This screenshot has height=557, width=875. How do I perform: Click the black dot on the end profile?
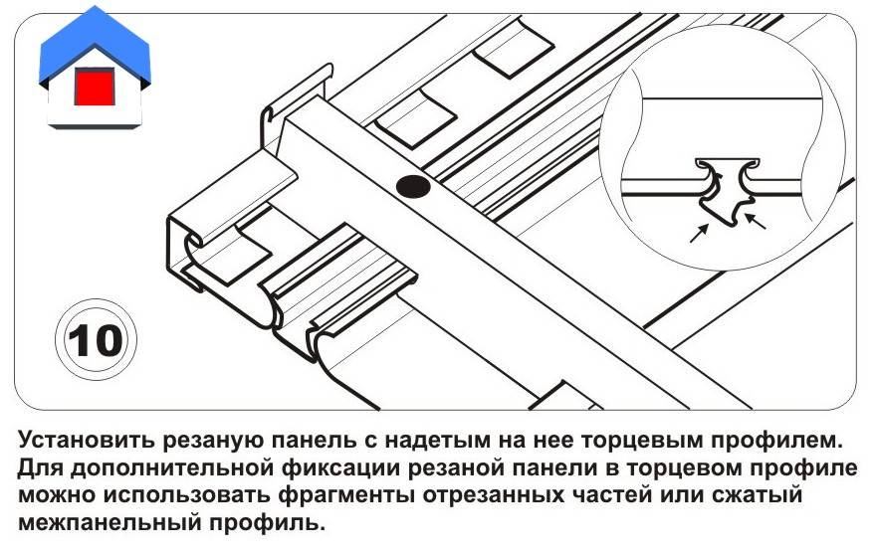point(410,185)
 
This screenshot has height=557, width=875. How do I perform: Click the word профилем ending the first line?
point(784,440)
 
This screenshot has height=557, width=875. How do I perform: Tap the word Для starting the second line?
point(41,467)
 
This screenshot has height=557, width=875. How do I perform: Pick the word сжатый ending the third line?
point(763,494)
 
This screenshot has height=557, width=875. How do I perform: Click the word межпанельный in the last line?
point(110,522)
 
